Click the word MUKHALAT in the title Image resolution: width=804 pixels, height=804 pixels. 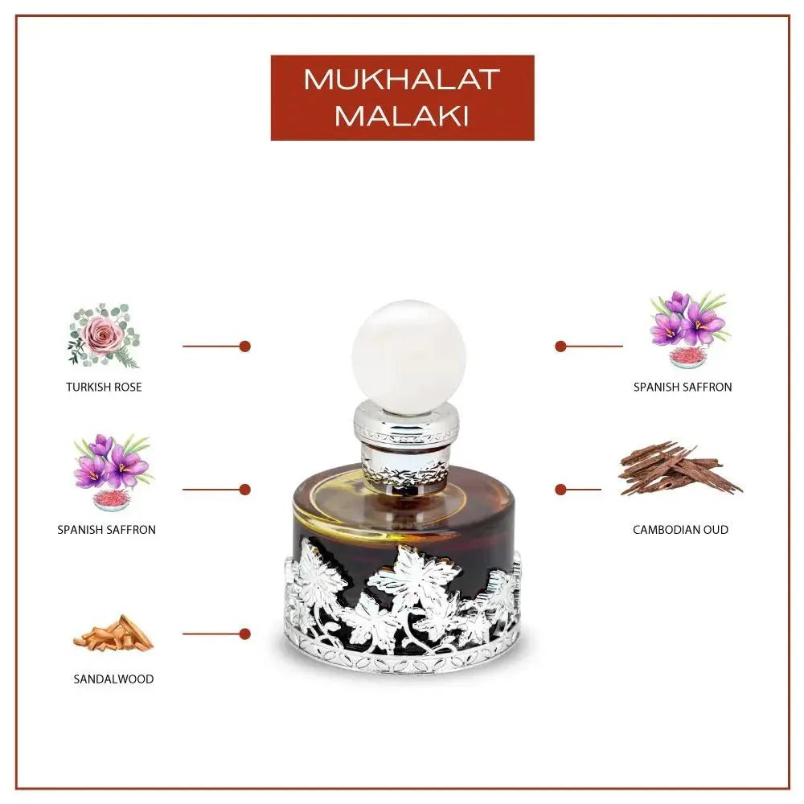402,80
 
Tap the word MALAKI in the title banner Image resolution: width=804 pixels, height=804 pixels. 402,116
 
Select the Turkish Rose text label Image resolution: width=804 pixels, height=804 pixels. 104,387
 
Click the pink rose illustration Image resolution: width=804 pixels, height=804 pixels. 103,334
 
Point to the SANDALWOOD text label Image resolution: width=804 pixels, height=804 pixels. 113,679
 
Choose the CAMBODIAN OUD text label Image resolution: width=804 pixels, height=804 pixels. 680,530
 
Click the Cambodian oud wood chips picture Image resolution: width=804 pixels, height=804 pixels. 679,469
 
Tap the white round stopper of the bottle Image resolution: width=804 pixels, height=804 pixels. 408,356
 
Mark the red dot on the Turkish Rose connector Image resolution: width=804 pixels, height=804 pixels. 245,346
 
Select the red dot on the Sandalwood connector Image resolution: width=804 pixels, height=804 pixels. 245,634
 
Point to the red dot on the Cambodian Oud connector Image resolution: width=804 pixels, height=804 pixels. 560,489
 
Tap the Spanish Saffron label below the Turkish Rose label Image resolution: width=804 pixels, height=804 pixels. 106,530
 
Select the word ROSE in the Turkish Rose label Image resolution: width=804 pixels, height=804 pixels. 127,387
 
